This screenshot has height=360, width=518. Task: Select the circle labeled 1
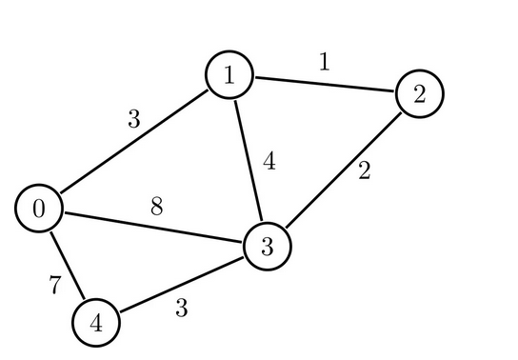point(229,75)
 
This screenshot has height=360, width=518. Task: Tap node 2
point(419,93)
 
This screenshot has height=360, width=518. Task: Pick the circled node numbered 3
point(267,247)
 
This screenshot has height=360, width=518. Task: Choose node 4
point(96,323)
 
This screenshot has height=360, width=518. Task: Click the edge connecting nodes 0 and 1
point(133,142)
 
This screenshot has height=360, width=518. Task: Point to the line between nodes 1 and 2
point(324,85)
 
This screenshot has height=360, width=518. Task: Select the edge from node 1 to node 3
point(248,161)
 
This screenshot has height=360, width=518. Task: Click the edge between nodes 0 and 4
point(68,266)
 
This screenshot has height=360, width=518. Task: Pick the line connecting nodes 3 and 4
point(181,285)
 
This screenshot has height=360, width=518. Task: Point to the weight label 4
point(269,162)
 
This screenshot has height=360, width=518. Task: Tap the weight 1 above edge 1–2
point(324,63)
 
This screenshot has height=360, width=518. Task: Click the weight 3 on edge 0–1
point(133,120)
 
